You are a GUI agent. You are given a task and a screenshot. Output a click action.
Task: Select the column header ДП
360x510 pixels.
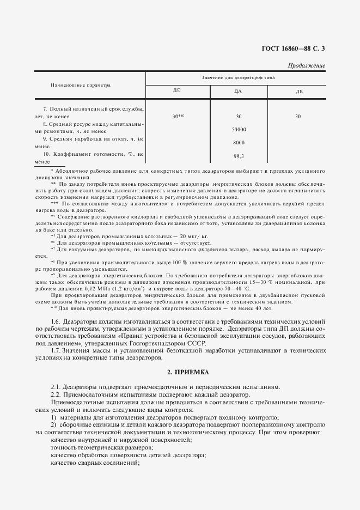point(177,90)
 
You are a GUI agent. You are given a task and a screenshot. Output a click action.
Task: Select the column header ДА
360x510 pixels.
point(238,90)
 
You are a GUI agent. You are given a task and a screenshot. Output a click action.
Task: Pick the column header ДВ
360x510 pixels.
point(299,90)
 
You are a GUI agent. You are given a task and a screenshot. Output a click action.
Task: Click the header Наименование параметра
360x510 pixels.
point(80,85)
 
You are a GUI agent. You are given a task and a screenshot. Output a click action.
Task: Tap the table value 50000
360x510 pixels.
point(239,130)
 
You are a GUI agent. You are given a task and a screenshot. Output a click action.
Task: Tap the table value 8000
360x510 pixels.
point(239,143)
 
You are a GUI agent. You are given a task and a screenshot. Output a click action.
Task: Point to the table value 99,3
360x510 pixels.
point(238,156)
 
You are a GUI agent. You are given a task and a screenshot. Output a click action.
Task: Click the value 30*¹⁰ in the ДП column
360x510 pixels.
point(178,116)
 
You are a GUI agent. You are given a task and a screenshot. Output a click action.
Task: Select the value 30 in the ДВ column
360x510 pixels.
point(298,116)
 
